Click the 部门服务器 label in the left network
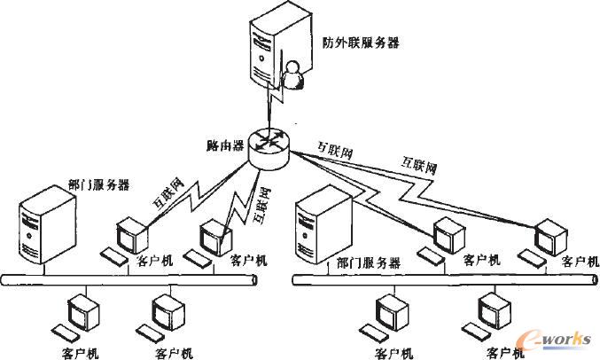click(98, 185)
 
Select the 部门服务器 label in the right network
click(369, 263)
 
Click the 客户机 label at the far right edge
click(580, 262)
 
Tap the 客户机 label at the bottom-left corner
click(81, 353)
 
